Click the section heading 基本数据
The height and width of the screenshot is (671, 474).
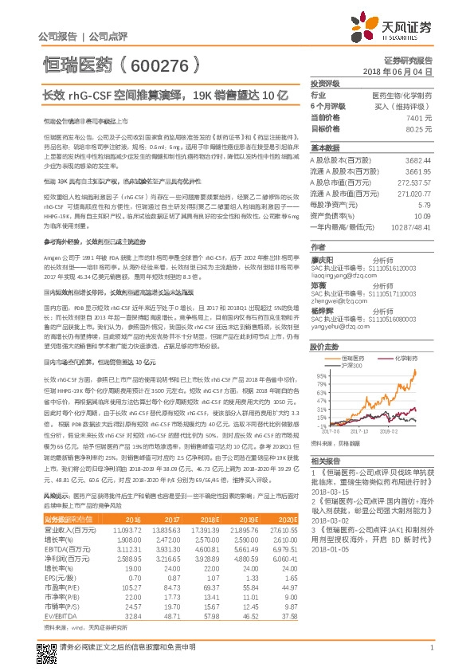point(324,148)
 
